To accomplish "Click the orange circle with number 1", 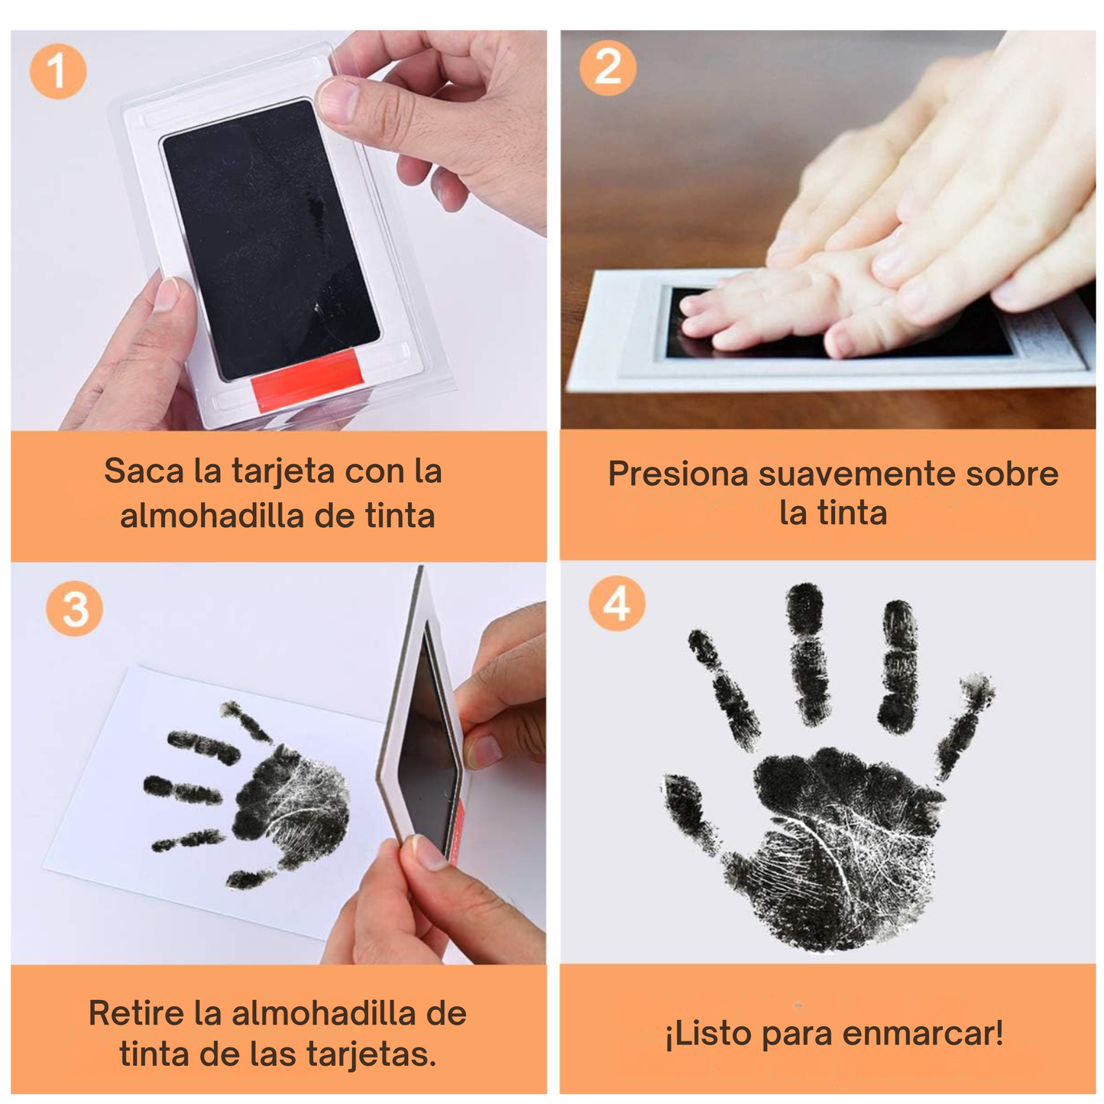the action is pyautogui.click(x=58, y=71).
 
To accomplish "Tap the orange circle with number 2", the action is pyautogui.click(x=607, y=67).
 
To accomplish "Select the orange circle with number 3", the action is pyautogui.click(x=74, y=608).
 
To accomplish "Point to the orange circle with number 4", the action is pyautogui.click(x=617, y=604).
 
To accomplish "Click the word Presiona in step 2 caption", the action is pyautogui.click(x=678, y=474).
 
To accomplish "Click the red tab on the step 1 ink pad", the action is pyautogui.click(x=307, y=379).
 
